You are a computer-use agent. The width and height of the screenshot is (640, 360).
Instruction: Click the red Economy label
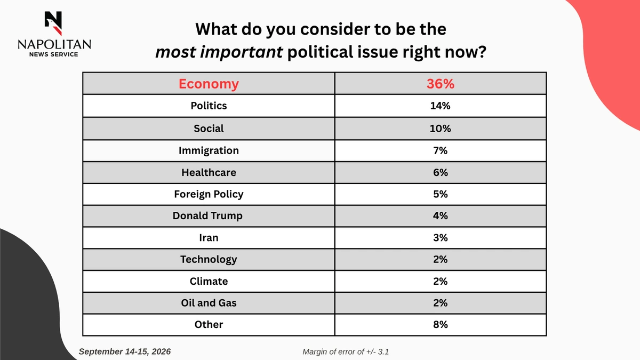pos(209,84)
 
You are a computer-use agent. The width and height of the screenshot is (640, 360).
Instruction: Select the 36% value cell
pos(441,84)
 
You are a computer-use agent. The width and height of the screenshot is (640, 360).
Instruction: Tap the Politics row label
pos(209,106)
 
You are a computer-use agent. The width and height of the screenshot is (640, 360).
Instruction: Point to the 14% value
pos(441,106)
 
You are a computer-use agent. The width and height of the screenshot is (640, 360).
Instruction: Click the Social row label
pos(209,129)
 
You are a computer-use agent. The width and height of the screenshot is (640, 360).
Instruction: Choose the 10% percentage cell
pos(441,129)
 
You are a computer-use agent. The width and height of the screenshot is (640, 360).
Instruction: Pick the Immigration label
pos(209,150)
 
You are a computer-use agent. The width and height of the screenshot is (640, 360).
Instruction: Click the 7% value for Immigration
pos(441,150)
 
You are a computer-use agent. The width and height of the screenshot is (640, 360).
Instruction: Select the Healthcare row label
pos(209,172)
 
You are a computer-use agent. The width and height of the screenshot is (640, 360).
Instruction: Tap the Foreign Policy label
pos(209,194)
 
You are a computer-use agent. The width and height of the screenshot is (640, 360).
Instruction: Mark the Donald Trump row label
pos(207,215)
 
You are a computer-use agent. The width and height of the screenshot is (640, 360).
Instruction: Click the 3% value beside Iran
pos(441,238)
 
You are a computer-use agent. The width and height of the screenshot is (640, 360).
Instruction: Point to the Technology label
pos(209,259)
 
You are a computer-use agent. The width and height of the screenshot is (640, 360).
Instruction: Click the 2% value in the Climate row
pos(441,281)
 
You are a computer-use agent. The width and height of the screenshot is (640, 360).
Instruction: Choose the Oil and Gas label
pos(209,303)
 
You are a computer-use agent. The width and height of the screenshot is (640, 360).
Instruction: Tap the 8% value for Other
pos(441,325)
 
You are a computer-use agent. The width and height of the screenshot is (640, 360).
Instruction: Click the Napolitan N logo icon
pos(53,23)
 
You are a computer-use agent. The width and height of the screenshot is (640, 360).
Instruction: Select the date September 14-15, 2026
pos(125,351)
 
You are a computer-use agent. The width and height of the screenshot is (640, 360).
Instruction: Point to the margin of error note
pos(346,351)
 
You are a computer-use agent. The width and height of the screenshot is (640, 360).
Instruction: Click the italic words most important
pos(219,52)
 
